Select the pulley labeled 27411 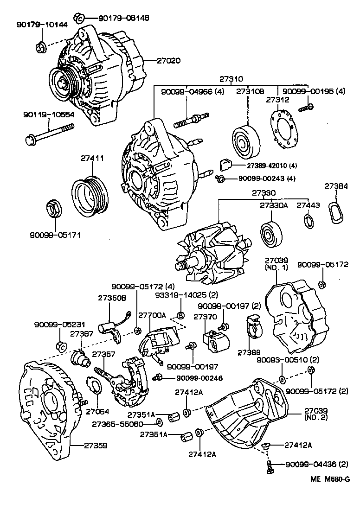pos(90,193)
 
